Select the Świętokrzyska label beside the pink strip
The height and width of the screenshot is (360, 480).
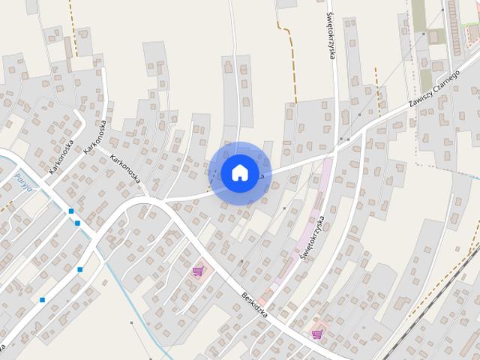(x=312, y=238)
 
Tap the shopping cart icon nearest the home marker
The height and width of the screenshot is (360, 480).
(x=198, y=271)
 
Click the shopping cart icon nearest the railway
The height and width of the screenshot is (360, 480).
(x=317, y=334)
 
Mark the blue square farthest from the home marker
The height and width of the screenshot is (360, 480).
(x=43, y=300)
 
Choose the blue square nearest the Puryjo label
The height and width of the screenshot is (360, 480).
(x=70, y=211)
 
